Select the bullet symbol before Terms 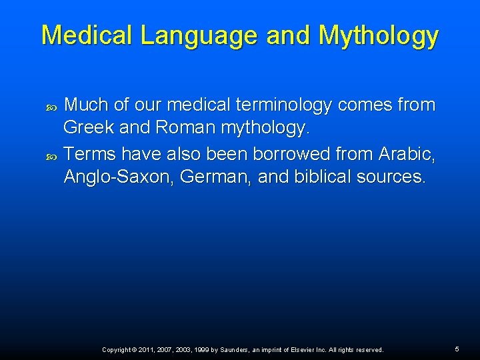53,156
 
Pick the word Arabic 406,154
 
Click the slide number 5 457,349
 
